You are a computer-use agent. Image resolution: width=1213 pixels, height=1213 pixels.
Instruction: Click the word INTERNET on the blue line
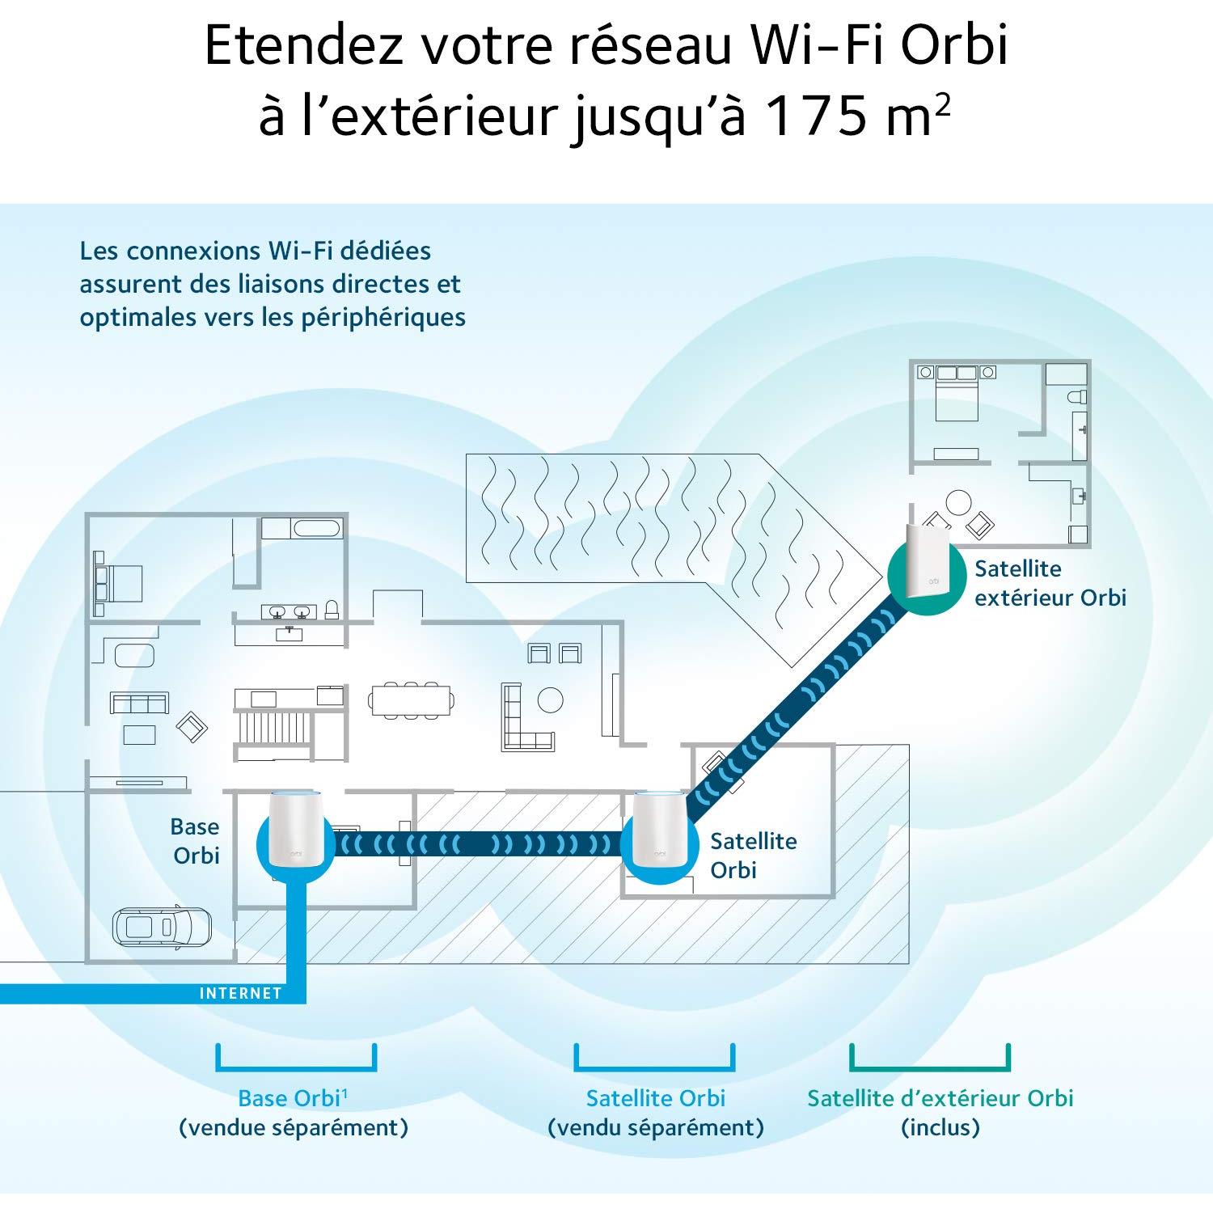(x=240, y=993)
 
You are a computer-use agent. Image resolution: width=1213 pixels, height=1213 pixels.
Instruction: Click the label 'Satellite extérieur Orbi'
(x=1050, y=583)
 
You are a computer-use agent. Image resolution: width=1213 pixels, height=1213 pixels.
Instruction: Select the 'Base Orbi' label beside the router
(x=195, y=841)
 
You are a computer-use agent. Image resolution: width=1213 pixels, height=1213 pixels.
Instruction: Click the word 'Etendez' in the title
(x=303, y=46)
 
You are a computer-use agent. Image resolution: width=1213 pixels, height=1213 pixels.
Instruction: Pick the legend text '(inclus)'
(x=940, y=1127)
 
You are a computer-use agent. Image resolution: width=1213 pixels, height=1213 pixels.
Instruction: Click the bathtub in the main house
(x=318, y=529)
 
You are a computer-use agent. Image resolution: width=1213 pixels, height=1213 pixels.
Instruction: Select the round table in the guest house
(x=959, y=504)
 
